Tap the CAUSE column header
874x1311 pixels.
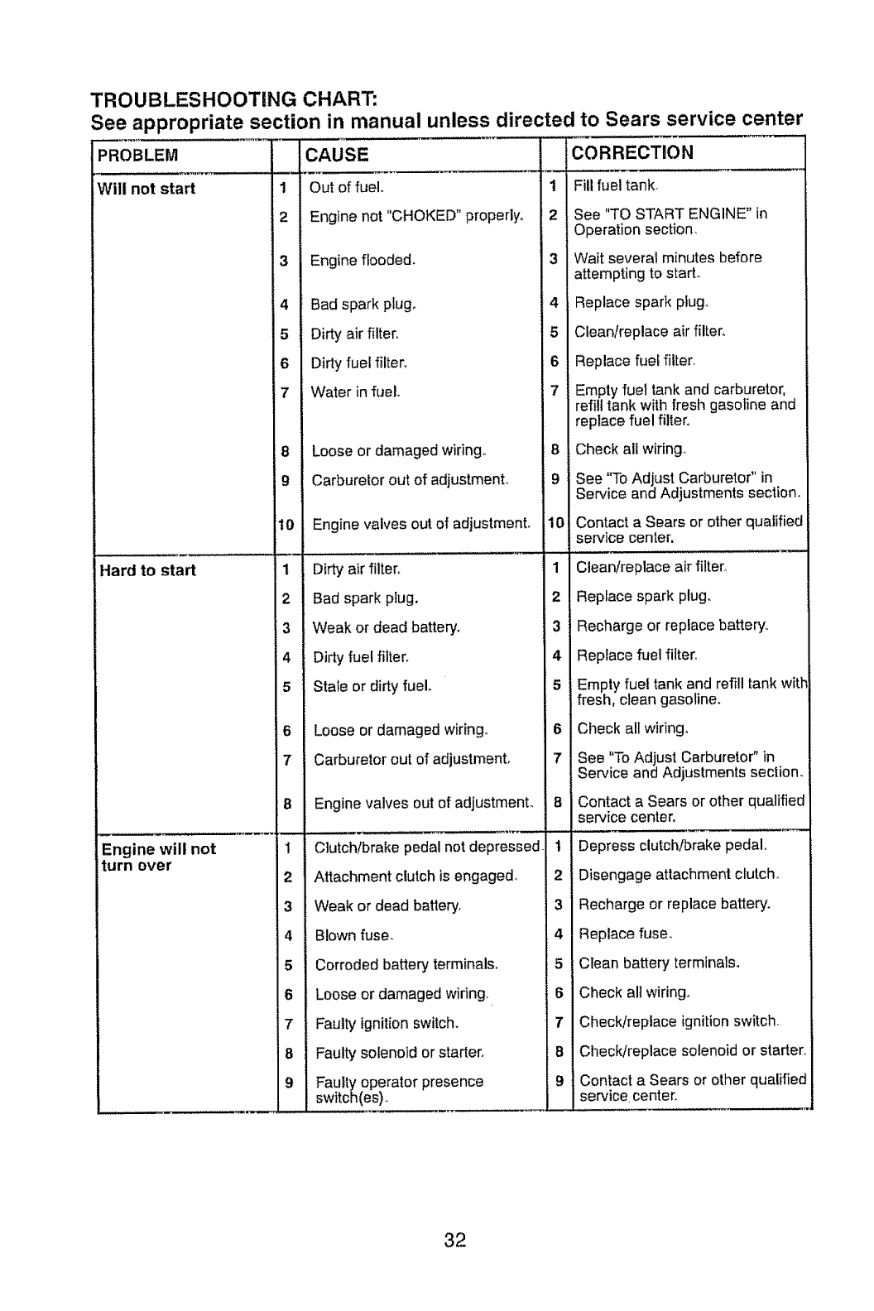(x=337, y=155)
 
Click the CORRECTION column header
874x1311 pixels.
(x=633, y=153)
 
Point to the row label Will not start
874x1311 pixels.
(x=146, y=189)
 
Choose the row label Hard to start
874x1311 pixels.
(x=147, y=570)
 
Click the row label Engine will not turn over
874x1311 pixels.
(x=157, y=857)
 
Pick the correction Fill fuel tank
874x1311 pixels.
(x=617, y=185)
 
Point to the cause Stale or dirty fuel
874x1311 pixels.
(x=372, y=686)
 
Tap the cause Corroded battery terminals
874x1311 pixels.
(x=406, y=965)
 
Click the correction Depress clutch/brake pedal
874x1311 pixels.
(x=673, y=846)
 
